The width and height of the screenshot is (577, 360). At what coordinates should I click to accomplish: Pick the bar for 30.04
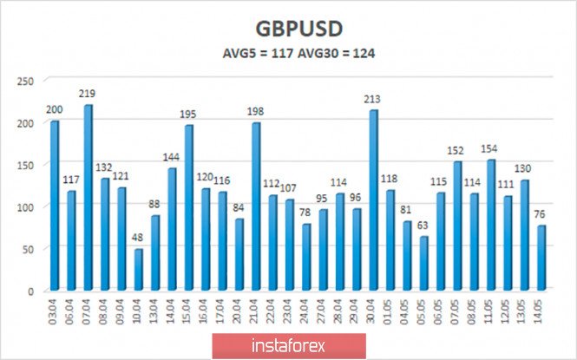373,200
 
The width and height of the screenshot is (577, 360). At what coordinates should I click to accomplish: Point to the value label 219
88,94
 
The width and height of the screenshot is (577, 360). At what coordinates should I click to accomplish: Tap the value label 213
373,99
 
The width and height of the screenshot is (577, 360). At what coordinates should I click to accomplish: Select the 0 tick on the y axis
30,291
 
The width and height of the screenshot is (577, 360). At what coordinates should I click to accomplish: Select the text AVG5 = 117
249,52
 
